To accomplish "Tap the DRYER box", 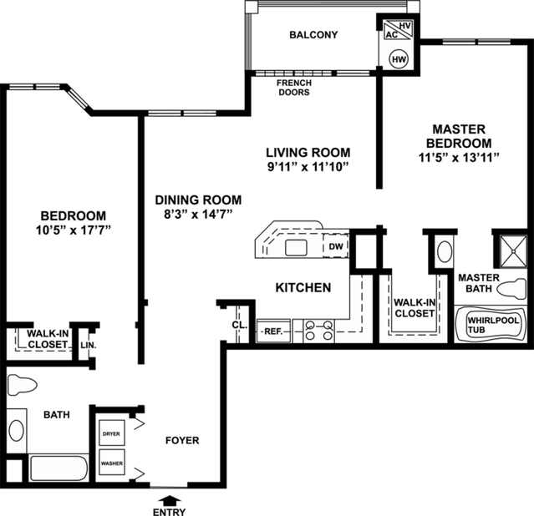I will pyautogui.click(x=110, y=434).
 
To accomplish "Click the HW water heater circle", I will pyautogui.click(x=399, y=59).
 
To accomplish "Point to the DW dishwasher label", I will pyautogui.click(x=335, y=247).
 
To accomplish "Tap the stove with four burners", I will pyautogui.click(x=318, y=331).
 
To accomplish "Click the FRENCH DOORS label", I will pyautogui.click(x=293, y=88).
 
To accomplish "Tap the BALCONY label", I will pyautogui.click(x=313, y=35).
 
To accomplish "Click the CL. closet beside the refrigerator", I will pyautogui.click(x=237, y=326).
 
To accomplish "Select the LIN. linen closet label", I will pyautogui.click(x=86, y=344).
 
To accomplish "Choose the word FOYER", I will pyautogui.click(x=181, y=440).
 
